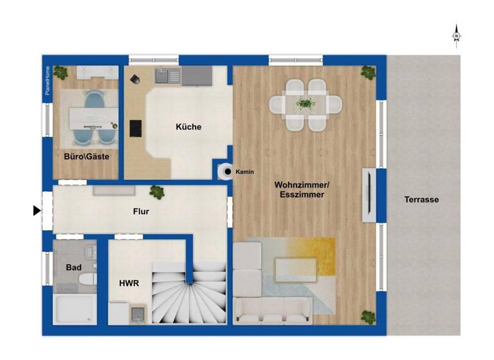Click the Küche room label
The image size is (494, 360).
pos(188,127)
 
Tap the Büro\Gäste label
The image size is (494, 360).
pos(86,156)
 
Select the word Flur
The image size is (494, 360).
pos(141,211)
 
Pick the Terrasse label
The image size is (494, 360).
pos(421,199)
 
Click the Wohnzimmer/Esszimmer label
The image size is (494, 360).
pos(299,189)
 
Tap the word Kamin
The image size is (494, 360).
pos(246,172)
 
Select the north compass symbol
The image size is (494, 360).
pos(456,36)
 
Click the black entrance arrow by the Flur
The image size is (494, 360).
pos(37,210)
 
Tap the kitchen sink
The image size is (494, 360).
pos(168,76)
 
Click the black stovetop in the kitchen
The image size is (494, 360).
pos(136,129)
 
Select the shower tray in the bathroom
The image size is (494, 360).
pos(75,310)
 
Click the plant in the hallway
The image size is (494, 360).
pos(156,191)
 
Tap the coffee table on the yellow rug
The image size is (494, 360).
pos(295,271)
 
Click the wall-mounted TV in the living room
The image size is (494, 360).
pos(368,195)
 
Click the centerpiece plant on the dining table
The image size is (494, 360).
pos(306,103)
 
